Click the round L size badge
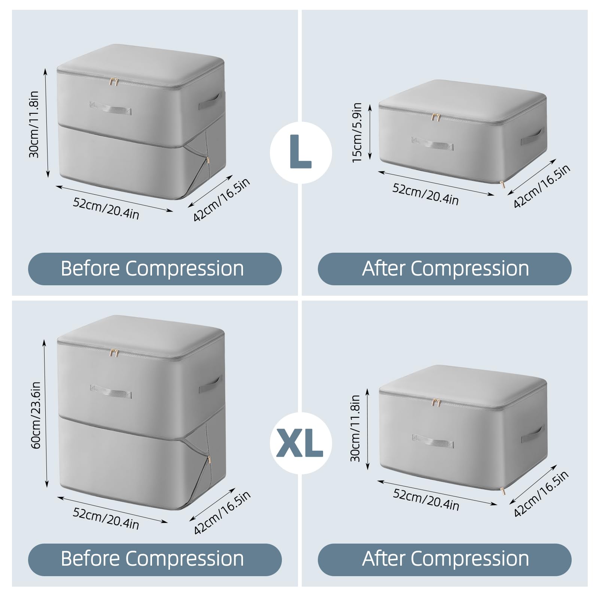(301, 152)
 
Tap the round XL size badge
(301, 443)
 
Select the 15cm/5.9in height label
(357, 133)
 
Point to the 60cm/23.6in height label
(36, 415)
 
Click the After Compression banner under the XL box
(444, 559)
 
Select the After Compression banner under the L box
(444, 269)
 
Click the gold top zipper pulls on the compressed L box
(435, 117)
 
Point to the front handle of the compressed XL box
(433, 441)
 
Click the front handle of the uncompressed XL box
(111, 392)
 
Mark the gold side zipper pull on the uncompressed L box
(207, 161)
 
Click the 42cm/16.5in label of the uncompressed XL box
(222, 513)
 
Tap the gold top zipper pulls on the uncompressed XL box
(114, 353)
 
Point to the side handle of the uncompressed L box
(210, 101)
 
